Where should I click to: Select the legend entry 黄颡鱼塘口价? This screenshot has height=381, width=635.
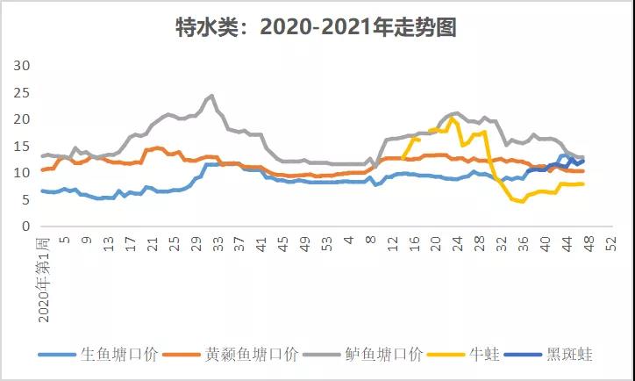(252, 355)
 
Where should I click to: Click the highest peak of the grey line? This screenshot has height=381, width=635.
(211, 95)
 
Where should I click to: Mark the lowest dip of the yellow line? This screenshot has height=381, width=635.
(522, 201)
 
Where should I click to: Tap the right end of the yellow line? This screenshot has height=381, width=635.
(583, 183)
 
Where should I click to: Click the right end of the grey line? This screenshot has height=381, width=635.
(583, 157)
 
